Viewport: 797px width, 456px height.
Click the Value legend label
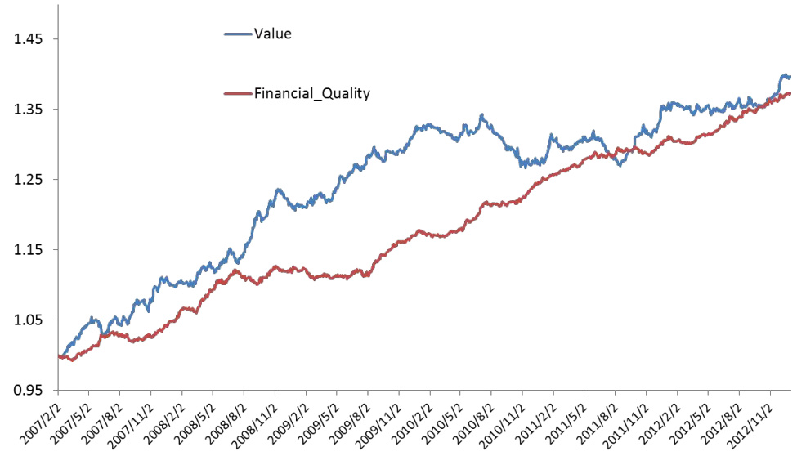point(273,34)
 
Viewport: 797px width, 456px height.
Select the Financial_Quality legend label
point(312,93)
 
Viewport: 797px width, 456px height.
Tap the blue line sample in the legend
point(238,34)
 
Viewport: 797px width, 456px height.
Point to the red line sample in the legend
point(238,93)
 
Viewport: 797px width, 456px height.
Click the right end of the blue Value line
point(790,77)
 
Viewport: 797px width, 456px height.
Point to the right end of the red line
point(790,93)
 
